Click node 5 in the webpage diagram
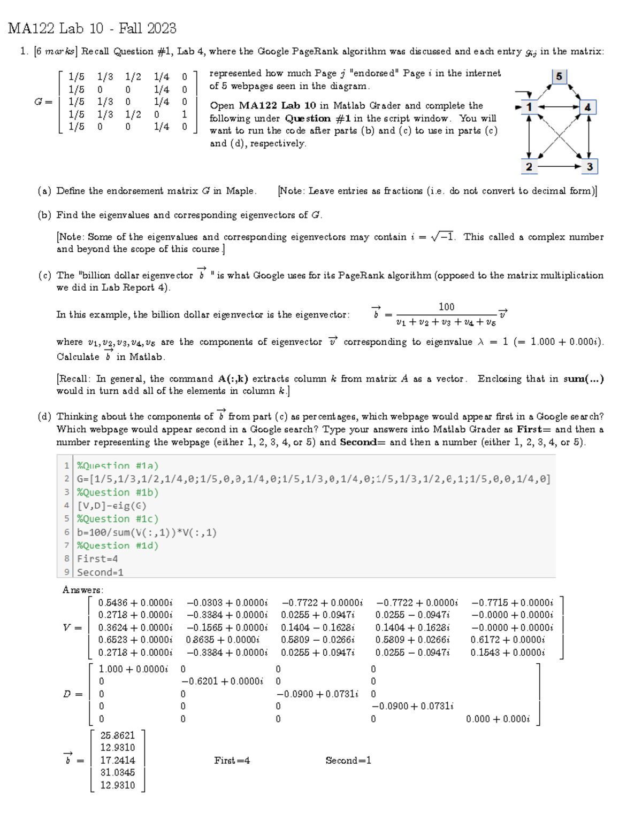point(559,76)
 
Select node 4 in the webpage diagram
point(587,107)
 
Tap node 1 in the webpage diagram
point(529,107)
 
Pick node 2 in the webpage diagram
point(529,166)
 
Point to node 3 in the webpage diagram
point(589,166)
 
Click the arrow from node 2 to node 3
point(559,166)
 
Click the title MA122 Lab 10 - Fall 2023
point(92,28)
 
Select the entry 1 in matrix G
point(184,114)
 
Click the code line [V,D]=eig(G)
point(112,506)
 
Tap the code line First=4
point(97,558)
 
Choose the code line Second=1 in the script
point(100,572)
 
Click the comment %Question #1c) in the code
point(118,518)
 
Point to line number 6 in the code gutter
point(67,532)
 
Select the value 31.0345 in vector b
point(118,772)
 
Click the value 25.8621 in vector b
point(118,735)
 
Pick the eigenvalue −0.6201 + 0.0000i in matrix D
point(222,681)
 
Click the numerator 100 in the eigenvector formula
point(446,307)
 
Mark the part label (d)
point(44,417)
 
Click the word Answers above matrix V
point(83,590)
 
